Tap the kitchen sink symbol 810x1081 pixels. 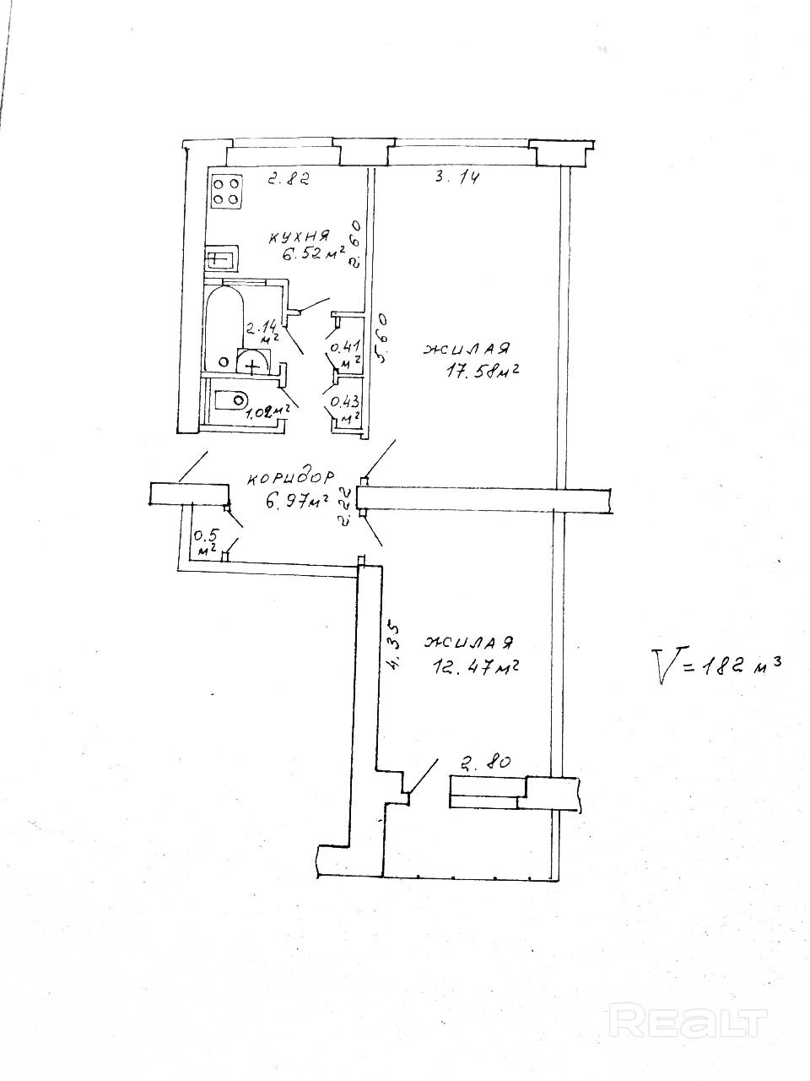[221, 258]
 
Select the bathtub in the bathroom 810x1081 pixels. [224, 328]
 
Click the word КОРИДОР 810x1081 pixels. [291, 478]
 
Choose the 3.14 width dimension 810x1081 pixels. [456, 177]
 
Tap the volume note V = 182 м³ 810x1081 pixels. [716, 665]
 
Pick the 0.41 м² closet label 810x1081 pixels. [346, 352]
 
